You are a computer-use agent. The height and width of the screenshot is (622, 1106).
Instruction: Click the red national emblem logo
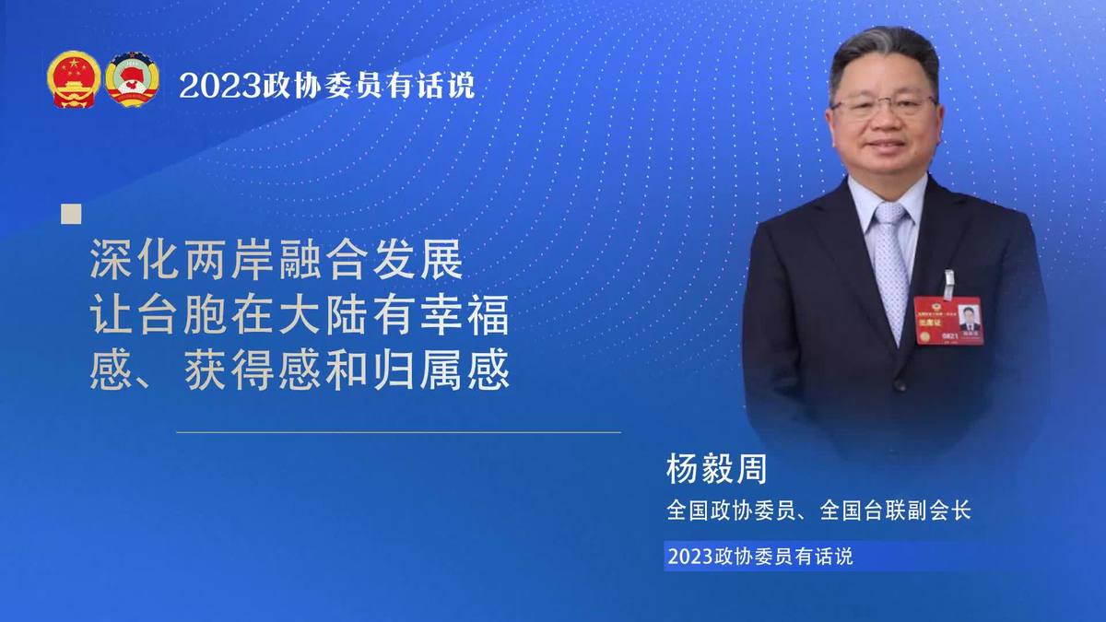(74, 79)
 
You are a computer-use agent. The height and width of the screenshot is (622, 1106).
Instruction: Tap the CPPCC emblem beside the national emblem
(133, 79)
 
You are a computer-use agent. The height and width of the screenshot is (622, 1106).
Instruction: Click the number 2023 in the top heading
(219, 87)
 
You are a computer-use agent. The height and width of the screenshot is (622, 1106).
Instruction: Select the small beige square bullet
(71, 214)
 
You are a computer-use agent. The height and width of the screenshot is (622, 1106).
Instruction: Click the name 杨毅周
(716, 469)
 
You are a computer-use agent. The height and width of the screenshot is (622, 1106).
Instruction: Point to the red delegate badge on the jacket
(948, 321)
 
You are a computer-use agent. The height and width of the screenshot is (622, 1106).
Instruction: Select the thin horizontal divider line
(398, 432)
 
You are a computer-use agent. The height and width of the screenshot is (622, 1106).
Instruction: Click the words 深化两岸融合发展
(276, 260)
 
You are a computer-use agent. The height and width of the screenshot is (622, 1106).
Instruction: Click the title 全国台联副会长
(895, 511)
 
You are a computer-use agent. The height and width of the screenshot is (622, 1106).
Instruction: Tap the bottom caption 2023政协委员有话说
(760, 557)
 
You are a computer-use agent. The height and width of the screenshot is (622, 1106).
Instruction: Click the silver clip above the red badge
(948, 285)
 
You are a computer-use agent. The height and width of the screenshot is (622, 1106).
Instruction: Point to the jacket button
(900, 384)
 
